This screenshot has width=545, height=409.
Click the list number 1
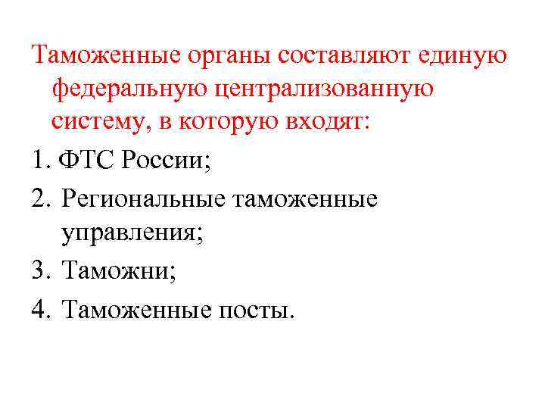coord(39,161)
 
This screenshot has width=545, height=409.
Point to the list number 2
coord(41,199)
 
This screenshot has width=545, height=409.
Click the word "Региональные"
coord(145,199)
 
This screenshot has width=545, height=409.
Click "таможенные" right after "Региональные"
coord(307,199)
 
